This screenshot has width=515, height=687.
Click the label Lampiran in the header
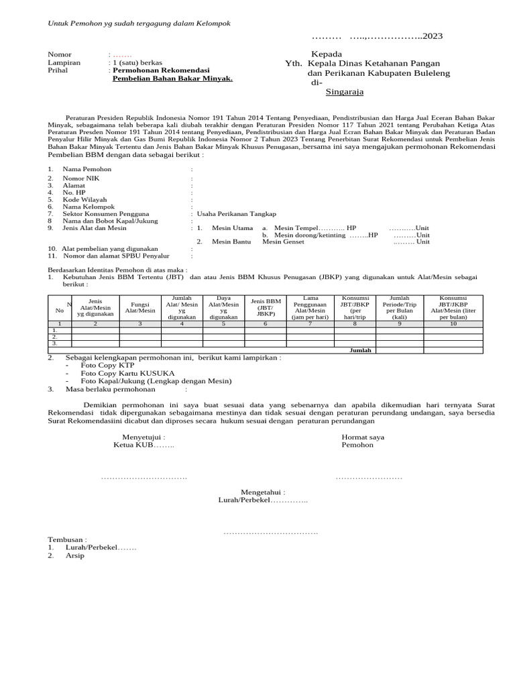tap(64, 62)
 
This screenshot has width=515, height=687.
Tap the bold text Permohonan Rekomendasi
tap(161, 70)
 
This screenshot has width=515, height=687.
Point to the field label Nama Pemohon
tap(87, 170)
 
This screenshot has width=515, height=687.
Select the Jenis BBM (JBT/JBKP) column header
tap(266, 306)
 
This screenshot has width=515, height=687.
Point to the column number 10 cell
tap(453, 324)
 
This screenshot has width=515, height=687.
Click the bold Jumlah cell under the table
tap(361, 350)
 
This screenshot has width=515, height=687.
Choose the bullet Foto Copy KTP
tap(97, 365)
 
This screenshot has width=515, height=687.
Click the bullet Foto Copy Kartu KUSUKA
tap(120, 373)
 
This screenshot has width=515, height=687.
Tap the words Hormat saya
tap(363, 437)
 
